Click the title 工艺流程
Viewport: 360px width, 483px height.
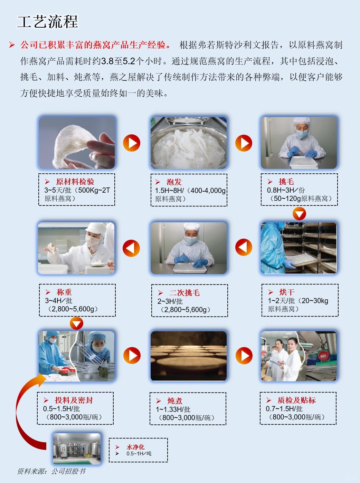48,22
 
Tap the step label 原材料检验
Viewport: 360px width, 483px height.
75,182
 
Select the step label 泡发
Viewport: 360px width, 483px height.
174,182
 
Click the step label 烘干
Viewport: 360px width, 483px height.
287,292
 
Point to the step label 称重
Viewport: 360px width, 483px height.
64,292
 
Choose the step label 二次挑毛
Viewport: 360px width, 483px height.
184,293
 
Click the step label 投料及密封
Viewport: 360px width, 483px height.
74,400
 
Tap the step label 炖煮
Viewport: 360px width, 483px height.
175,401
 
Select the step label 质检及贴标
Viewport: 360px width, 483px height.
296,400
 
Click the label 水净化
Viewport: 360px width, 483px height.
135,447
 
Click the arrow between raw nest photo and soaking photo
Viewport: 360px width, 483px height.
132,143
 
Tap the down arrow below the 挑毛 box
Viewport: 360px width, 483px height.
299,214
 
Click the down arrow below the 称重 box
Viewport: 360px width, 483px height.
76,323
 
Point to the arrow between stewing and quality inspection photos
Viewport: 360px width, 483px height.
244,356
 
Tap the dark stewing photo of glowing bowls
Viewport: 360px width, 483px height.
189,356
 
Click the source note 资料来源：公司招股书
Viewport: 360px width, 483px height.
51,472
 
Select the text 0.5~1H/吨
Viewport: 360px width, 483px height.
139,454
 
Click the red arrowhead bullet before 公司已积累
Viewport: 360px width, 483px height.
12,45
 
